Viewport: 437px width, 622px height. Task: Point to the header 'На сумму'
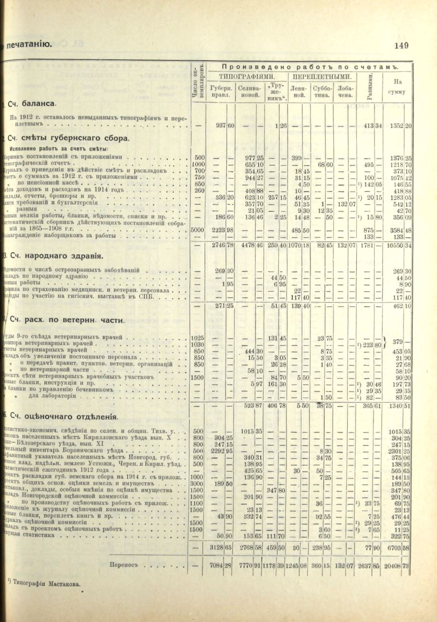396,86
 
